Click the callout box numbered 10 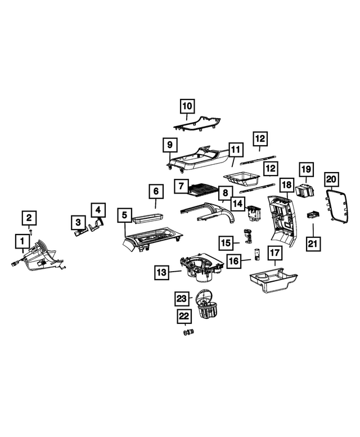coord(187,106)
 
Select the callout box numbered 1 coord(22,241)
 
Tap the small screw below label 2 coord(30,231)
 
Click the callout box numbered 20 coord(331,179)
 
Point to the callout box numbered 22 coord(183,316)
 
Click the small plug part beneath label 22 coord(188,332)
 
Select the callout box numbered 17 coord(274,253)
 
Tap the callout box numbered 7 coord(181,186)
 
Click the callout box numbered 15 coord(226,243)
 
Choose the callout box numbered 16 coord(234,261)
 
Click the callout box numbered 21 coord(313,244)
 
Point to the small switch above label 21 coord(313,215)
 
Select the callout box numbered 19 coord(306,169)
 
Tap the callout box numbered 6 coord(156,191)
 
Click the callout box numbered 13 coord(161,272)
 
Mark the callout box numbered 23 coord(182,299)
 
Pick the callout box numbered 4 coord(98,210)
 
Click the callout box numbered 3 coord(78,222)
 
